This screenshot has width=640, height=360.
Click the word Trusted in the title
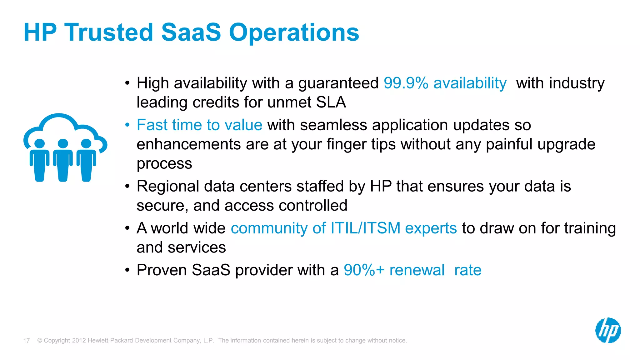click(x=108, y=32)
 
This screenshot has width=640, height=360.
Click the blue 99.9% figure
click(x=406, y=83)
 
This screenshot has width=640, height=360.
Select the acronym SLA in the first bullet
click(x=331, y=102)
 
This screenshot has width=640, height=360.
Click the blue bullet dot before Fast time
click(x=127, y=125)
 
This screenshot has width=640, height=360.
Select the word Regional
click(x=168, y=187)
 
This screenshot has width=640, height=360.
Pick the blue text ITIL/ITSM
click(x=365, y=228)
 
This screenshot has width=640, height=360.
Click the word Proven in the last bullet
click(x=162, y=270)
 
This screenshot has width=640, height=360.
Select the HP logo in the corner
click(x=608, y=330)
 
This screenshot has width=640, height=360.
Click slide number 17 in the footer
click(x=27, y=341)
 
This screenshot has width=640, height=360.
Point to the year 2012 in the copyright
click(x=79, y=340)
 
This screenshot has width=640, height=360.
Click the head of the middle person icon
click(x=63, y=143)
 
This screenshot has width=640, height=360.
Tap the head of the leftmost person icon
click(x=39, y=143)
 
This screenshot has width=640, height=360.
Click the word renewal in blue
click(x=417, y=270)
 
